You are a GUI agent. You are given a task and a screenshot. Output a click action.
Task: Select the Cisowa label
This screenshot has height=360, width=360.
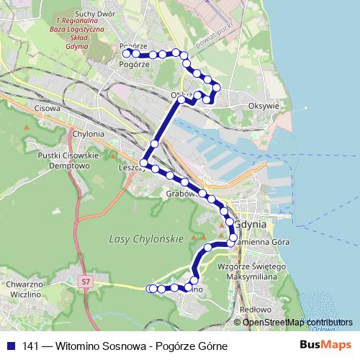coord(46,109)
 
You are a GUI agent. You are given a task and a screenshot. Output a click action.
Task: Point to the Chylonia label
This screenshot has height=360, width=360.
coord(89,133)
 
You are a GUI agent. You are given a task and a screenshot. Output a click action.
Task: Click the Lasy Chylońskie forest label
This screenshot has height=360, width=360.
coord(145,238)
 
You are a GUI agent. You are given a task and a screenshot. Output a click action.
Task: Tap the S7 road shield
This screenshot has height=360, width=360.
coord(87,282)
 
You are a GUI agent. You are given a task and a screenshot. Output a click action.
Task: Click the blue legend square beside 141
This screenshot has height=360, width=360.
coord(12,346)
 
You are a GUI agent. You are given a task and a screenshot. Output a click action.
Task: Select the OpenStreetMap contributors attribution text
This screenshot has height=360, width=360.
coord(297,322)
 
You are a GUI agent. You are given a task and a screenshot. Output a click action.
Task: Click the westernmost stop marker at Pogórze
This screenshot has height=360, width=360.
coord(126,53)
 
